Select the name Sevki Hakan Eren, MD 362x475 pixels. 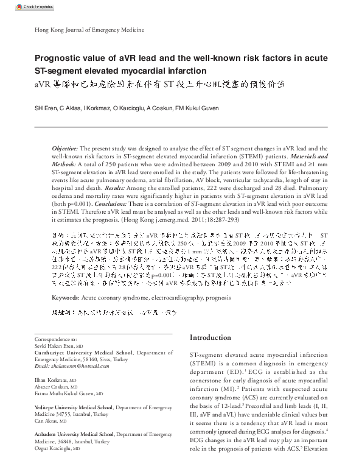click(x=58, y=345)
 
